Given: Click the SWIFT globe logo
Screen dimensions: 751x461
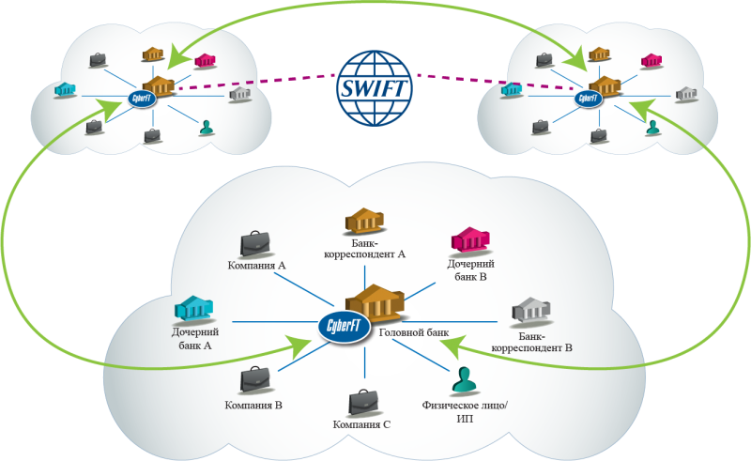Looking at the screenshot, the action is click(375, 88).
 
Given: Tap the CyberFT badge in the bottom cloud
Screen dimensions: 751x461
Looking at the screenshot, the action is click(345, 327).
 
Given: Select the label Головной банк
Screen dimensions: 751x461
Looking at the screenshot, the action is click(414, 332).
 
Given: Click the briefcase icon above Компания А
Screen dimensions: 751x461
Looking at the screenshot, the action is click(255, 244).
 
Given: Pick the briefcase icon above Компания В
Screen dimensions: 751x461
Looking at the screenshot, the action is click(255, 381).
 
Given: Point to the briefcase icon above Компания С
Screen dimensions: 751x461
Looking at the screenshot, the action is click(363, 403).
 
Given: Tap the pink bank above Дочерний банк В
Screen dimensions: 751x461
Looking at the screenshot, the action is click(470, 239).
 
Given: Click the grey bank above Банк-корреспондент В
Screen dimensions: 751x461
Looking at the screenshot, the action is click(530, 311).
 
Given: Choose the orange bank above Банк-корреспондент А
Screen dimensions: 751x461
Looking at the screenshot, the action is click(365, 222).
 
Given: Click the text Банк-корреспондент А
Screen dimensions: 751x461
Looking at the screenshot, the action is click(364, 249).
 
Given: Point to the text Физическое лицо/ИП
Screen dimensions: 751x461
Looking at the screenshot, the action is click(464, 411).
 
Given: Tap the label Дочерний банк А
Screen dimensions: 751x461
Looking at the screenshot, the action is click(195, 338).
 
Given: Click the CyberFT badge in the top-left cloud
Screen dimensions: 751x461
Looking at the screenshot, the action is click(142, 99).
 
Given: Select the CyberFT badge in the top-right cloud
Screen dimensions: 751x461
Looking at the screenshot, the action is click(588, 100).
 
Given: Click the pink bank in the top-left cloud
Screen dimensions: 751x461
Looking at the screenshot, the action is click(205, 61).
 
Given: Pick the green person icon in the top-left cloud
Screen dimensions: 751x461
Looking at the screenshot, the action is click(207, 128).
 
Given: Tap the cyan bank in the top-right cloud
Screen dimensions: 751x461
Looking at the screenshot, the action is click(512, 89).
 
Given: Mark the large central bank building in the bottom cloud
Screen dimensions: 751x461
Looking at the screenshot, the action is click(375, 303).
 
